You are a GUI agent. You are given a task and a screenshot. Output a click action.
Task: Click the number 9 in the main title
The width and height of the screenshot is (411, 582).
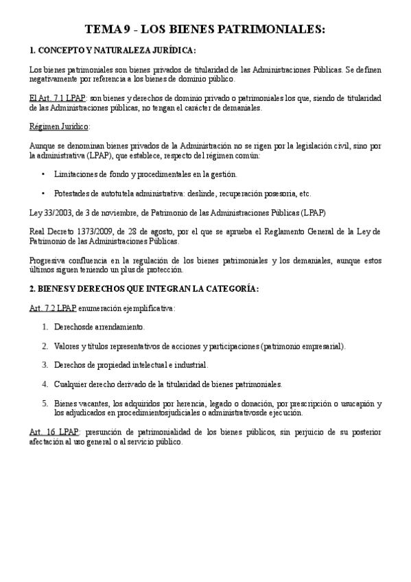(128, 30)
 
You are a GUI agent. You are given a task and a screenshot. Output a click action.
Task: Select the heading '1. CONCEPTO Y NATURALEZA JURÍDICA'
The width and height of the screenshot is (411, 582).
(113, 51)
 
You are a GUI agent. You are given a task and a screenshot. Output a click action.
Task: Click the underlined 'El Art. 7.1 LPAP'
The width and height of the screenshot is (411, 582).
(58, 98)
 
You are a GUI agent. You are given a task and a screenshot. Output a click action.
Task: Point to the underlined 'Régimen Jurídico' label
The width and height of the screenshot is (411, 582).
(60, 126)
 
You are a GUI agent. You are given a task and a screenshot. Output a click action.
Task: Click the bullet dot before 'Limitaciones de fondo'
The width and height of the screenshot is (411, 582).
(44, 174)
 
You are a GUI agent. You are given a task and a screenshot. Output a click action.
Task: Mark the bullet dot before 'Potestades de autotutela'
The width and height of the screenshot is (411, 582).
(44, 194)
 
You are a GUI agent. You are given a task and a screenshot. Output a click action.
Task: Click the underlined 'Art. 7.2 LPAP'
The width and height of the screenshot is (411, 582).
(53, 308)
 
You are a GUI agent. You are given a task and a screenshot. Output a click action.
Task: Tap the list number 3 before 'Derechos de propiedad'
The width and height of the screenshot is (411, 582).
(45, 365)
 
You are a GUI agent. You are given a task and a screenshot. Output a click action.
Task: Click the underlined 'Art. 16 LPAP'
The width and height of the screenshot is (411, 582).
(54, 432)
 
